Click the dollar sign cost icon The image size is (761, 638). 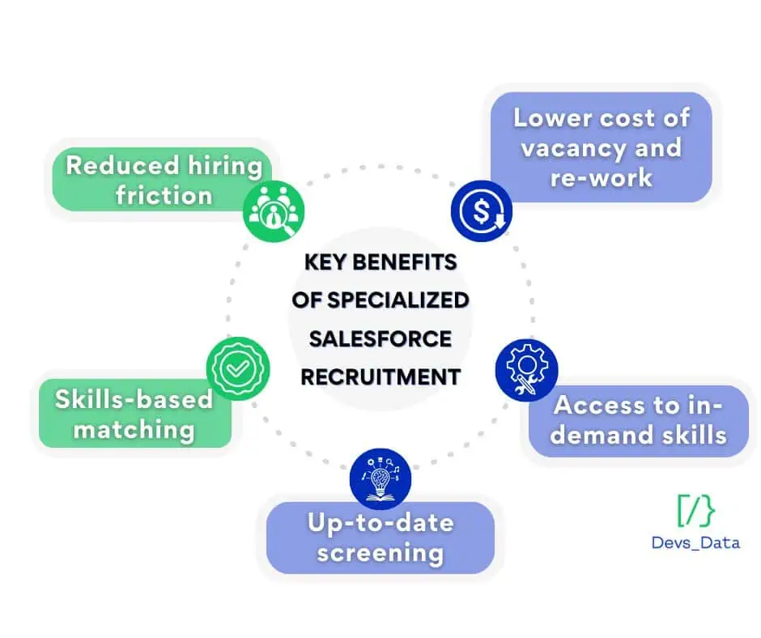point(482,211)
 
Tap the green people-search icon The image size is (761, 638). point(274,211)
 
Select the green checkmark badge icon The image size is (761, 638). point(238,368)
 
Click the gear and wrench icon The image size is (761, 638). point(526,370)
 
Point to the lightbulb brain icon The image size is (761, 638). point(380,478)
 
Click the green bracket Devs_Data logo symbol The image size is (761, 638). point(696,510)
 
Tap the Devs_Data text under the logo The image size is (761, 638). point(696,542)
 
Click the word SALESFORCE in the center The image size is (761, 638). point(380,339)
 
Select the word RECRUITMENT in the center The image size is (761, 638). point(380,377)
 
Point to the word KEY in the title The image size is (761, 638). point(325,262)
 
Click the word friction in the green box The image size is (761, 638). point(164,196)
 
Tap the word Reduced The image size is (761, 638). point(122,165)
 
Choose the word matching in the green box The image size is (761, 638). point(134,431)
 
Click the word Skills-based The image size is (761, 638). point(134,400)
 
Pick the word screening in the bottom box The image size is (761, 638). point(380,554)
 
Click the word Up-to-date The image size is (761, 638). point(381,523)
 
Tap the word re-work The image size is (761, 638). point(602,177)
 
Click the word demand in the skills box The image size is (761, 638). point(602,435)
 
